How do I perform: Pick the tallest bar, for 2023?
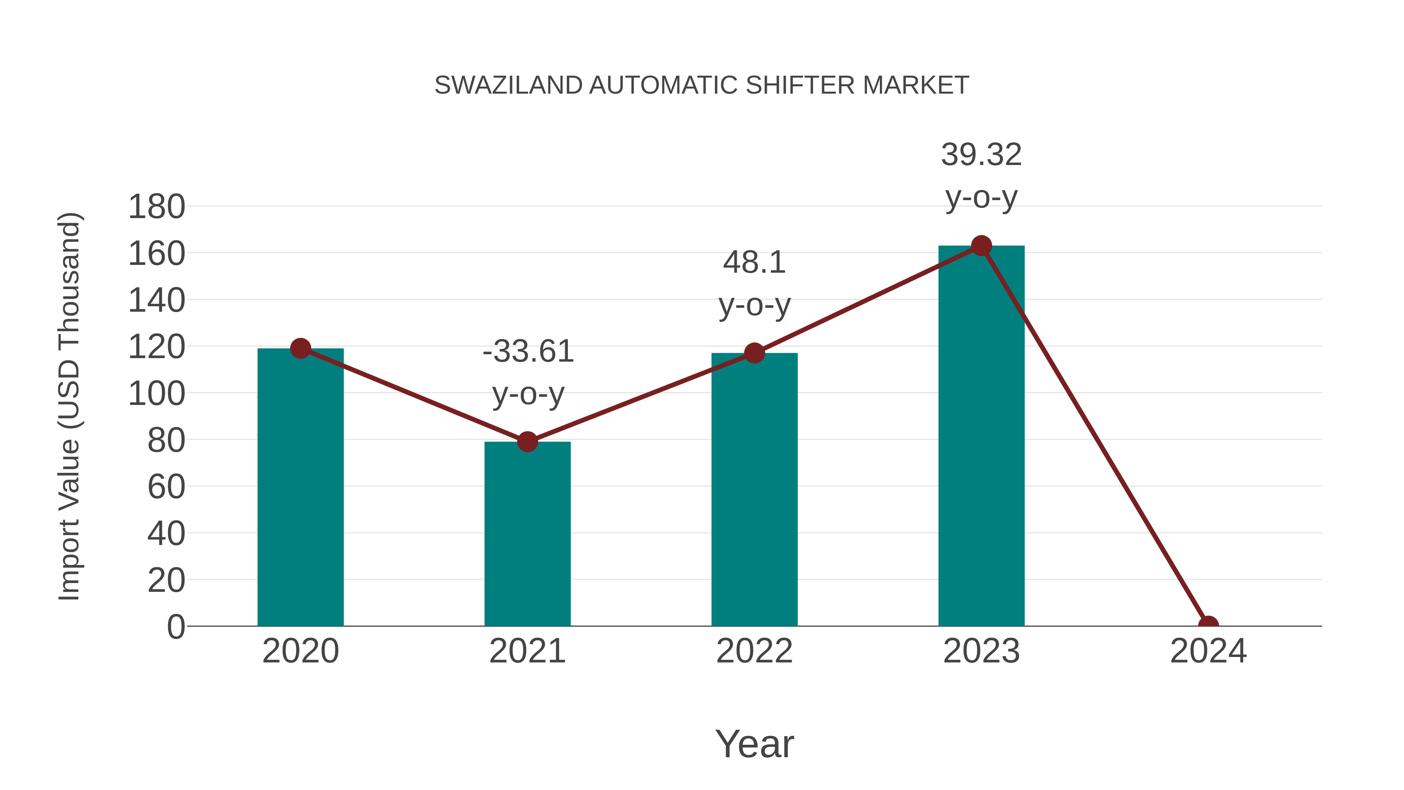[x=981, y=436]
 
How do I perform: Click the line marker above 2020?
[x=300, y=348]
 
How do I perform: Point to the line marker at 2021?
[x=527, y=442]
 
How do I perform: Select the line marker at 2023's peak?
[x=981, y=246]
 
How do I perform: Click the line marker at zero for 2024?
[x=1208, y=625]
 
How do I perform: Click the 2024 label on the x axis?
[x=1208, y=652]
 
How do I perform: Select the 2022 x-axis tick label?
[x=754, y=652]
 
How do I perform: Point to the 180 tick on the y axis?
[x=156, y=207]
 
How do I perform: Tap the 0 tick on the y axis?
[x=176, y=627]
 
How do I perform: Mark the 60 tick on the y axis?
[x=166, y=487]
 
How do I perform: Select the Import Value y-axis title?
[x=70, y=406]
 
